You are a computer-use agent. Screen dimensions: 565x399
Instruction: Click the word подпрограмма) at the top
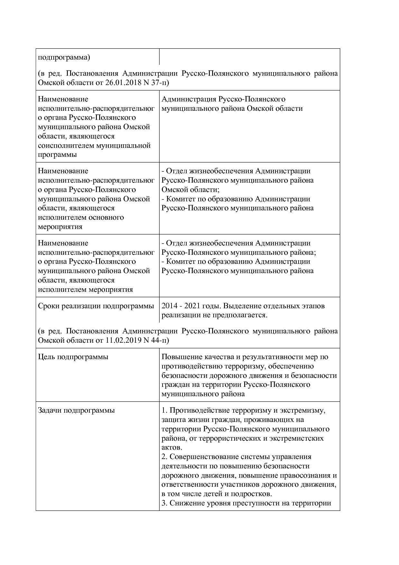point(64,58)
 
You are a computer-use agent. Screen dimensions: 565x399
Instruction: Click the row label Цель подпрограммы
point(73,357)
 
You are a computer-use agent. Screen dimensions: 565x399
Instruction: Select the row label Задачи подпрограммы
point(76,410)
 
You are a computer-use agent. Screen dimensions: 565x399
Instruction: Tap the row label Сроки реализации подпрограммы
point(96,306)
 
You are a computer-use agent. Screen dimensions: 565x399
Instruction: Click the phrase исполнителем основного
point(81,217)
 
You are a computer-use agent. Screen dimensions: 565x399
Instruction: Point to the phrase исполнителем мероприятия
point(85,290)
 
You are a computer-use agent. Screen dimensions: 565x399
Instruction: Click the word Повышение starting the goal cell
point(181,357)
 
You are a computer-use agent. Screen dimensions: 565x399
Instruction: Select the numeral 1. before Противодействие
point(164,410)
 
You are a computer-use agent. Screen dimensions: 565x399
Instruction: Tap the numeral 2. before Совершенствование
point(164,457)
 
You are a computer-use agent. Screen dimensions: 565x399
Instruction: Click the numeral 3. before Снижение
point(164,503)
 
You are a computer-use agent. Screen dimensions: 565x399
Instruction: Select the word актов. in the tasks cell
point(172,448)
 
